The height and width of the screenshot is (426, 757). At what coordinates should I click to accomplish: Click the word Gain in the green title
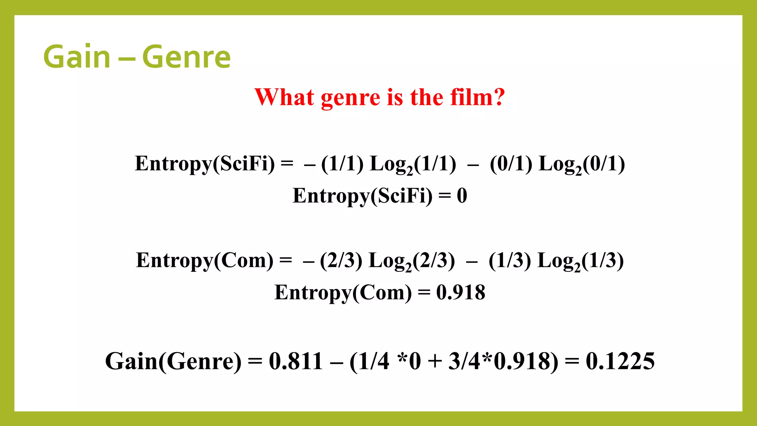(x=77, y=57)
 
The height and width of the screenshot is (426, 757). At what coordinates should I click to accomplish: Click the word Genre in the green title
(x=186, y=57)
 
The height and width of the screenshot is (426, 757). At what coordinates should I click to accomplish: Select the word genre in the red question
(x=350, y=98)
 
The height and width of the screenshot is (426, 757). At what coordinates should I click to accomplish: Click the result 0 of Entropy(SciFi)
(x=462, y=196)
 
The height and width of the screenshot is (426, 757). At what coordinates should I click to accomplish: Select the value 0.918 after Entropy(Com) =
(x=461, y=293)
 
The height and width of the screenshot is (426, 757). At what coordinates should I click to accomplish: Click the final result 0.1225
(x=620, y=361)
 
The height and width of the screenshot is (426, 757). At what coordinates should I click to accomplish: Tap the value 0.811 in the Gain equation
(x=296, y=361)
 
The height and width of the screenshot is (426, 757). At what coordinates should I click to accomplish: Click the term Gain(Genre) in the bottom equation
(x=173, y=361)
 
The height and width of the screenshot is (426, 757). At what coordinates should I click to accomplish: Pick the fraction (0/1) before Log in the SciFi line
(x=511, y=164)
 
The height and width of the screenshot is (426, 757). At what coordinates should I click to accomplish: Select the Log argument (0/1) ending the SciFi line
(x=604, y=164)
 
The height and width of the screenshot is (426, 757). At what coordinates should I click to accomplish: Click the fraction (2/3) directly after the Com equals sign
(x=341, y=261)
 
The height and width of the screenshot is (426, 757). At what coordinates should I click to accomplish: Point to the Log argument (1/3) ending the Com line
(x=602, y=261)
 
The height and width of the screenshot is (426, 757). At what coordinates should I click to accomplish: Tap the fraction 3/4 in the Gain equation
(x=464, y=361)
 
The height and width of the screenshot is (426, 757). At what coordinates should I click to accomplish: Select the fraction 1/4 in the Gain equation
(x=374, y=361)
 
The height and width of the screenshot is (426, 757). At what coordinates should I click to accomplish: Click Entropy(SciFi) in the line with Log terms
(x=205, y=164)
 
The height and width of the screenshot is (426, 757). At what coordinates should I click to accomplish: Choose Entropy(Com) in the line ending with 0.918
(x=343, y=293)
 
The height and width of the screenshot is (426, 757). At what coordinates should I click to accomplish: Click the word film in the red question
(x=471, y=97)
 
